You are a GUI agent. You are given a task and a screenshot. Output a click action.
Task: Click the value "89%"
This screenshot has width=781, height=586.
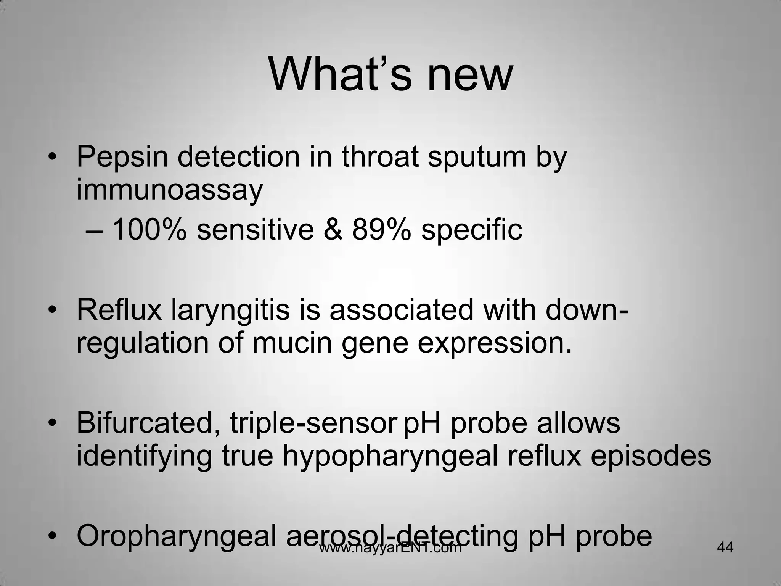point(381,230)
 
